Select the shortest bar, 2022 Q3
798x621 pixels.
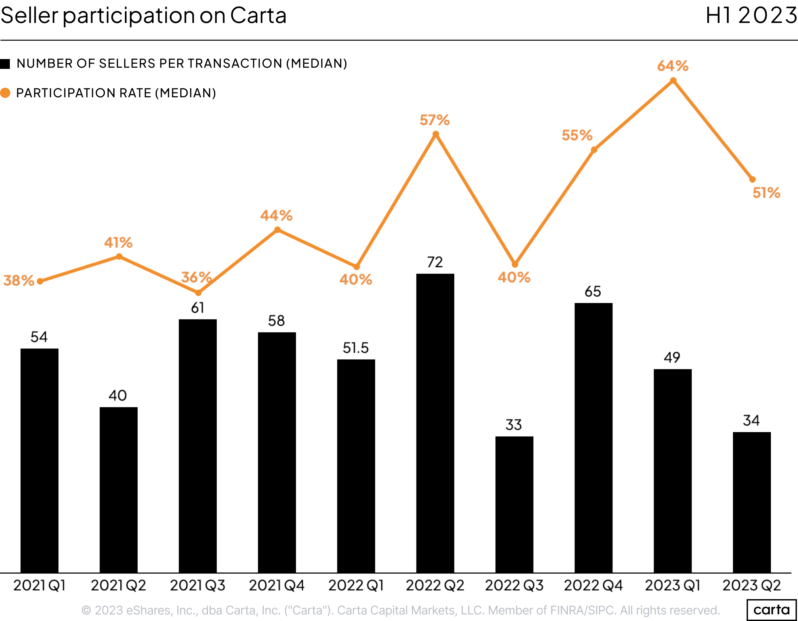point(514,504)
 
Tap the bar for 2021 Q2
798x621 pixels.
point(118,490)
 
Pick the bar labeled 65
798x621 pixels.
point(593,438)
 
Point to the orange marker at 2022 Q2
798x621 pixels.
point(436,134)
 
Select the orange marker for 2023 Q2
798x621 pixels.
point(752,180)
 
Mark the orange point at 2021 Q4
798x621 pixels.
point(277,230)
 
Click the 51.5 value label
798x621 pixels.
point(356,348)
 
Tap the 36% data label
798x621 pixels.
point(196,277)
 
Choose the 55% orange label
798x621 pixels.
point(577,135)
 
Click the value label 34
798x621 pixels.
point(751,420)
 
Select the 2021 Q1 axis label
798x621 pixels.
point(39,585)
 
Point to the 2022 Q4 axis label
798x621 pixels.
point(593,585)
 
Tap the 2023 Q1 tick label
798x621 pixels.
point(672,585)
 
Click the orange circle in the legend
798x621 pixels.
point(5,93)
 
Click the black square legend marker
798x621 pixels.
point(5,64)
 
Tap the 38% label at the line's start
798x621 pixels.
point(19,280)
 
